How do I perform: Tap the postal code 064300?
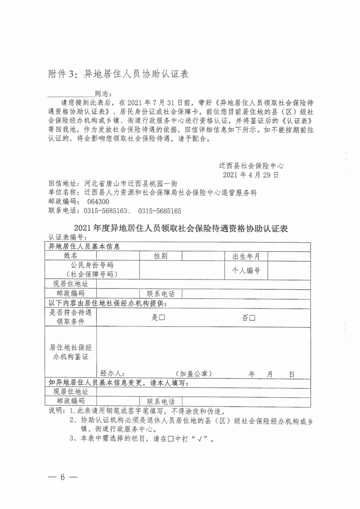(x=98, y=202)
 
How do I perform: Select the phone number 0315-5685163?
(x=105, y=211)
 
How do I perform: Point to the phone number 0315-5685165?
(x=160, y=211)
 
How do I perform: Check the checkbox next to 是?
(x=162, y=318)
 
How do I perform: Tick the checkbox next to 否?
(x=252, y=318)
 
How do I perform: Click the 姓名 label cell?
(x=71, y=256)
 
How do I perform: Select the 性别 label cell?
(x=161, y=256)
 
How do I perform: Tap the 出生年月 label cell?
(x=246, y=256)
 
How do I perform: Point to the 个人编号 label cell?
(x=246, y=270)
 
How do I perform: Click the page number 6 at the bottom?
(x=62, y=477)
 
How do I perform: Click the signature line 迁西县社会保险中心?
(x=251, y=166)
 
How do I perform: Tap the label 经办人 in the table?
(x=112, y=374)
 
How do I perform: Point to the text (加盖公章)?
(x=194, y=374)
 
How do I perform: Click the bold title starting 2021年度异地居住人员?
(x=181, y=228)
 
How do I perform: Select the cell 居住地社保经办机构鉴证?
(x=71, y=352)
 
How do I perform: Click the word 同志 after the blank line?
(x=104, y=94)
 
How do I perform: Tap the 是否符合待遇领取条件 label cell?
(x=71, y=317)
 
